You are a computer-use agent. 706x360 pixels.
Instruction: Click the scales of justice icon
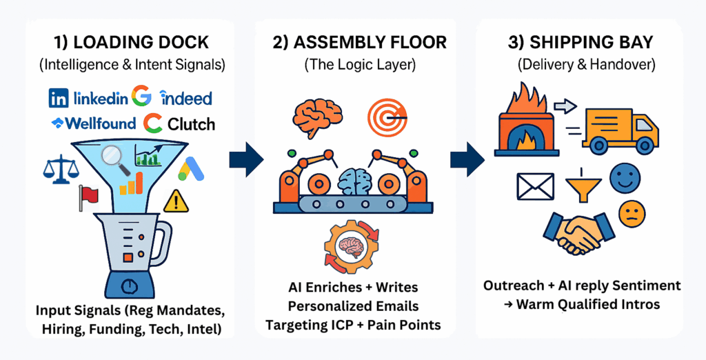pos(60,167)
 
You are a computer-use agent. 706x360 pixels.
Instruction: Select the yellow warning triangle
pos(176,201)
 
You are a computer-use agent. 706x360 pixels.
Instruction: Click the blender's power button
pos(127,285)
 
